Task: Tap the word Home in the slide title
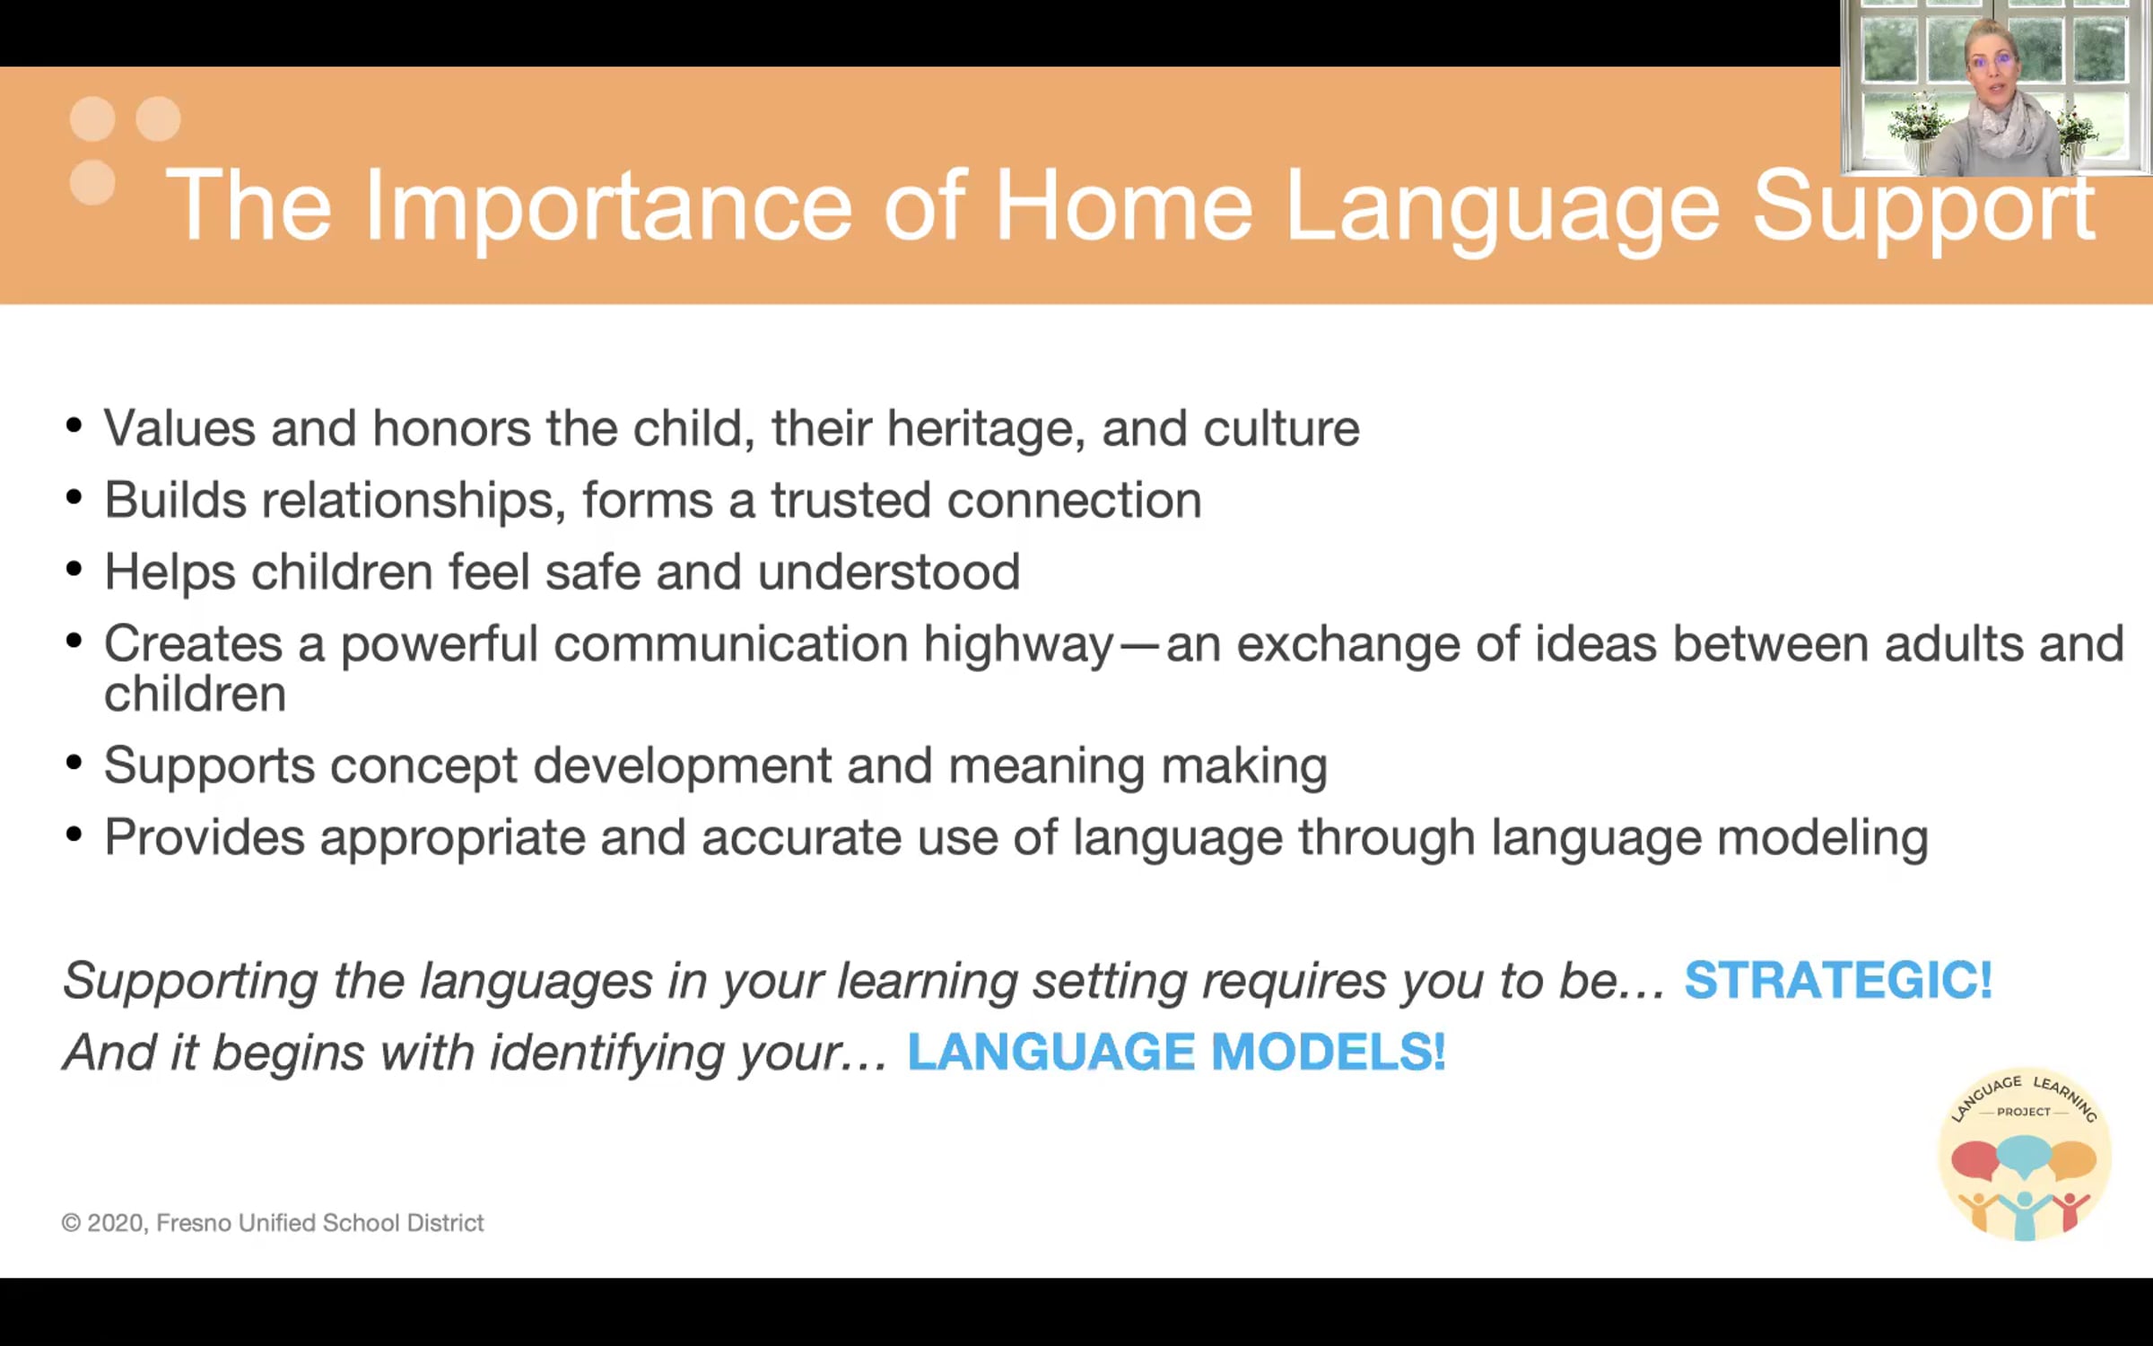coord(1123,205)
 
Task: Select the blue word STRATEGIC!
coord(1838,979)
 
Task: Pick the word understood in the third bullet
coord(889,572)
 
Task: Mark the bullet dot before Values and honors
coord(74,425)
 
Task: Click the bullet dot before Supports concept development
coord(74,763)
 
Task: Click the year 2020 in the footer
coord(117,1224)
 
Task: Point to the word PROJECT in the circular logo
coord(2024,1112)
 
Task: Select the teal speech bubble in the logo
coord(2025,1155)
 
